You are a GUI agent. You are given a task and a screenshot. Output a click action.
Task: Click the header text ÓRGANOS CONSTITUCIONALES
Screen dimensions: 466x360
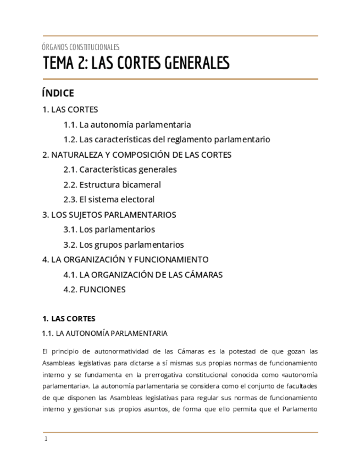click(81, 47)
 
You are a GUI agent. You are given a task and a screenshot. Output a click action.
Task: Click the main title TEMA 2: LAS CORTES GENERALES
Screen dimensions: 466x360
click(136, 63)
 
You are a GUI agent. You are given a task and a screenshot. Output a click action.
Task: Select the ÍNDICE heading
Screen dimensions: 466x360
click(58, 93)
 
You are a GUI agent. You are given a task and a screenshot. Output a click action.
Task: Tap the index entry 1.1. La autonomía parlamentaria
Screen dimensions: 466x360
click(127, 125)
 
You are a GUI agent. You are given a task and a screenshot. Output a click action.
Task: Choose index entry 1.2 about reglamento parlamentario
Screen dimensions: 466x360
click(167, 140)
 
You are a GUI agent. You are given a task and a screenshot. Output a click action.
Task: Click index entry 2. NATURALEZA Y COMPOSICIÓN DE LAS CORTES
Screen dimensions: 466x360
click(137, 154)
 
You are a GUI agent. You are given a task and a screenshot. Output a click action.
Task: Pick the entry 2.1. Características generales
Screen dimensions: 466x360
click(120, 169)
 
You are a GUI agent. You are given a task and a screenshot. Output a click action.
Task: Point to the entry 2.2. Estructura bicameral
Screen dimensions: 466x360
click(112, 185)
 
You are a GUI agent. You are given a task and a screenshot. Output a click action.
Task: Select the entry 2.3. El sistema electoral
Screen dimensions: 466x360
click(109, 199)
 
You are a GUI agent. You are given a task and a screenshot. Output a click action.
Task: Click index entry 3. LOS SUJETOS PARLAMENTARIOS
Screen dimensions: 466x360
click(109, 214)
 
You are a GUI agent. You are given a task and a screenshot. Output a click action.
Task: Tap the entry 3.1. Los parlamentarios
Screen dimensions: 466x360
click(109, 229)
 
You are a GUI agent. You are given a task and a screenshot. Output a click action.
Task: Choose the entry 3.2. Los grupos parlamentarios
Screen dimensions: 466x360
click(123, 245)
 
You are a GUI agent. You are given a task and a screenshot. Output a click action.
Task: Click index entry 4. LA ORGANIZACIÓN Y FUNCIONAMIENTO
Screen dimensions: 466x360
click(125, 259)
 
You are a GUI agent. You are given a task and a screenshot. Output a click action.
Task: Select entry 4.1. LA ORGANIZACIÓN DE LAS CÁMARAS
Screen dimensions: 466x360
click(143, 274)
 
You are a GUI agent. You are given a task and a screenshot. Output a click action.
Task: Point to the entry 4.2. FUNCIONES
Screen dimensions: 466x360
click(95, 290)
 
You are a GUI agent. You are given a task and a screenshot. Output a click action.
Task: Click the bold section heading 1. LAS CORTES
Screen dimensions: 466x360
click(69, 319)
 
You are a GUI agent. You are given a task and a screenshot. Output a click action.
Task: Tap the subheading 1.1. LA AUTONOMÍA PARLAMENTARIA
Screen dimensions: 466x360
click(105, 334)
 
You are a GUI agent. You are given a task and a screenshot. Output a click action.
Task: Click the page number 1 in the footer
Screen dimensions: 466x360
click(46, 439)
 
